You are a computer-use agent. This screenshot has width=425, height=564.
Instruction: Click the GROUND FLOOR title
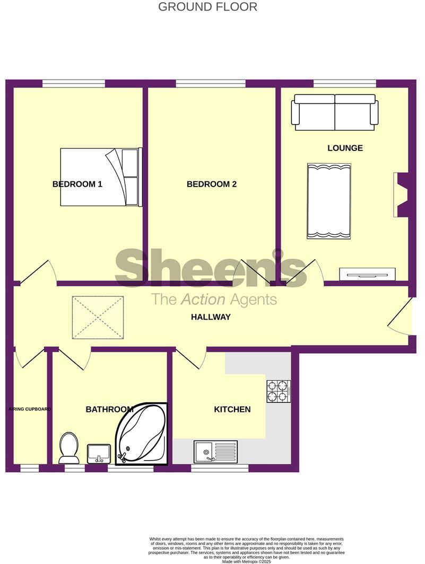pos(208,7)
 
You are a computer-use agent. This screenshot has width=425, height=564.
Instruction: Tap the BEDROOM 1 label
pos(77,184)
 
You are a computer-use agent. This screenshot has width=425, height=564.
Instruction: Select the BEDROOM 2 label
pos(212,184)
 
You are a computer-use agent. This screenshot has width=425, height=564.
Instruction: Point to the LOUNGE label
pos(345,148)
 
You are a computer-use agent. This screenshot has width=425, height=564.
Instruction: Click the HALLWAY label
pos(211,317)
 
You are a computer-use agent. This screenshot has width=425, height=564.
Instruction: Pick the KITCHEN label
pos(232,409)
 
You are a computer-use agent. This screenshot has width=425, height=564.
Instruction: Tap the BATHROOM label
pos(109,409)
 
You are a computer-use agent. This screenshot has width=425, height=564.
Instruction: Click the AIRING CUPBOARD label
pos(30,409)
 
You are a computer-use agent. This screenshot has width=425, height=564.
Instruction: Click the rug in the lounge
pos(329,201)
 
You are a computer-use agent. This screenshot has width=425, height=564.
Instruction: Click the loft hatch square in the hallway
pos(98,318)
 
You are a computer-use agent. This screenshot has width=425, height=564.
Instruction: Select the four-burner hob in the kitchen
pos(277,391)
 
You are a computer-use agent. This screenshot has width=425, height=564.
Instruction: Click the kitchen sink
pos(215,452)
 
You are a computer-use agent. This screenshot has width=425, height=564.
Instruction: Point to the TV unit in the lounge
pos(367,274)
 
